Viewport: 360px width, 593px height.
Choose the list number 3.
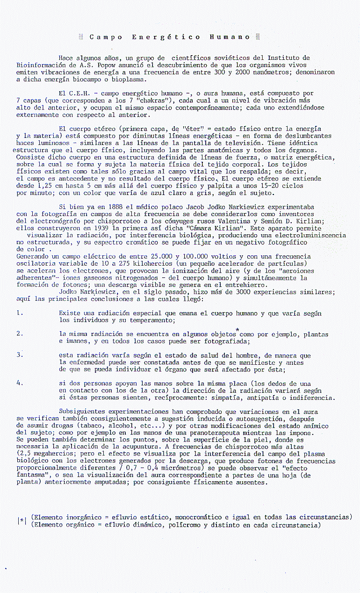click(x=19, y=354)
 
